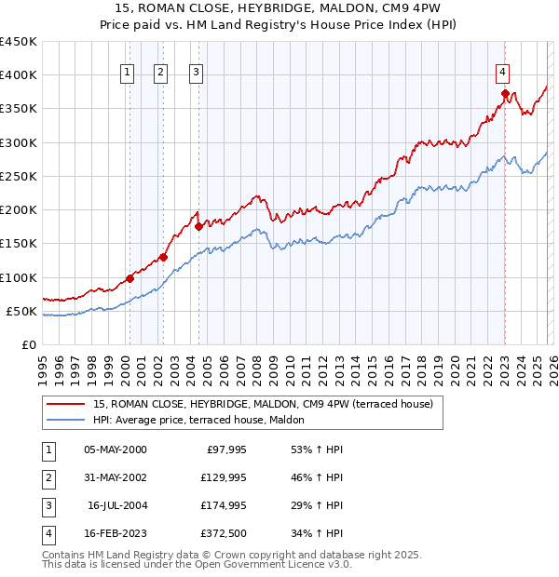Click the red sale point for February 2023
pos(505,93)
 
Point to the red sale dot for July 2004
pos(198,226)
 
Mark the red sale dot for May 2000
pos(130,277)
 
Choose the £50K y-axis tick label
pos(21,311)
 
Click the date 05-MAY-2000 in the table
pos(115,450)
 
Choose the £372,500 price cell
pos(222,533)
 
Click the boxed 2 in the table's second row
pos(48,477)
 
